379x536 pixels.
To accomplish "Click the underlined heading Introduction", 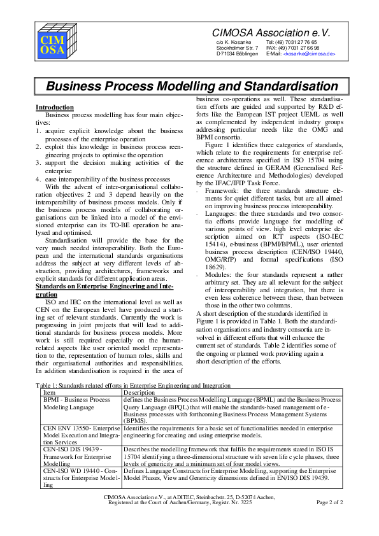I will [55, 108].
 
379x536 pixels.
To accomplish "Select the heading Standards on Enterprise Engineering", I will [109, 287].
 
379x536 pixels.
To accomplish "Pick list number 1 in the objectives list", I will [38, 130].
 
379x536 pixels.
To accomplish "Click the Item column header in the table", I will [49, 393].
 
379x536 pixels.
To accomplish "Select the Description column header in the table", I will [139, 393].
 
